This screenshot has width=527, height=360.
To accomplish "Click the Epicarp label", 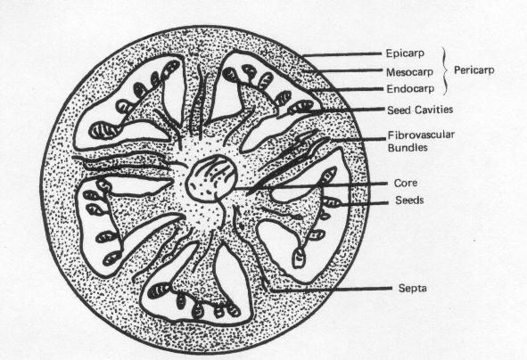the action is [x=405, y=53].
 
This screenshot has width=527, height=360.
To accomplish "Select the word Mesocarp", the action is [x=409, y=72].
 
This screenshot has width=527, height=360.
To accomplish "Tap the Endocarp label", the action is [x=410, y=89].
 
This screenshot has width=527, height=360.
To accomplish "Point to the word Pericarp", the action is [x=473, y=70].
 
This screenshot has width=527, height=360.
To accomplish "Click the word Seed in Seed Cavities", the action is [x=399, y=110].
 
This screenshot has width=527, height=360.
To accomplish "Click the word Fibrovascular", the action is [x=421, y=135].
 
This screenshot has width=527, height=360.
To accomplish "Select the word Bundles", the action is [x=408, y=148].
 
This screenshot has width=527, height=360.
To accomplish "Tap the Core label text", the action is [x=406, y=184].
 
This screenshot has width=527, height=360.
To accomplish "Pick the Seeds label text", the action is [x=409, y=200].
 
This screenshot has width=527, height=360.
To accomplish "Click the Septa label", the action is [x=412, y=289].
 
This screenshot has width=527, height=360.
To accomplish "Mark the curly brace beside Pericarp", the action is [x=445, y=70].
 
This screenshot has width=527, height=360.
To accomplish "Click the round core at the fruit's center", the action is [x=211, y=178].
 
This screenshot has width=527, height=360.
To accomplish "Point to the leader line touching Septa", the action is [x=331, y=289].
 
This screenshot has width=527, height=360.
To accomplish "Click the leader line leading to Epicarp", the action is [x=342, y=54].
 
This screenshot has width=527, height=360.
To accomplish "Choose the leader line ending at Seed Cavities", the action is [x=347, y=110].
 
